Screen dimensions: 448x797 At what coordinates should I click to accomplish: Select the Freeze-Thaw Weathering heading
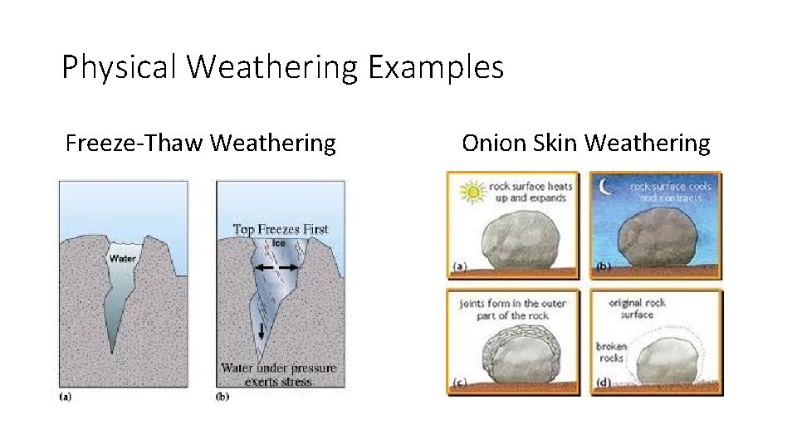(x=201, y=144)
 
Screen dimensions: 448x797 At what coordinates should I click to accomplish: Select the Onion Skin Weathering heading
(x=586, y=144)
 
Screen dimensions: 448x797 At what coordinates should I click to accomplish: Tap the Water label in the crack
(x=122, y=258)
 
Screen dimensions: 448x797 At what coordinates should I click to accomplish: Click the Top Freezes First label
(x=281, y=229)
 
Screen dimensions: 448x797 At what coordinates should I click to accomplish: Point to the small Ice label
(x=280, y=243)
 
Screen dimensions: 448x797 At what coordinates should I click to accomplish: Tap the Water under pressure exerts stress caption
(x=279, y=374)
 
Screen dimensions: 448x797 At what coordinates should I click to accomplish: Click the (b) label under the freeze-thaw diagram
(x=222, y=396)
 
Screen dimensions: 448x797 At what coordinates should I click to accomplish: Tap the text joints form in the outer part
(x=512, y=309)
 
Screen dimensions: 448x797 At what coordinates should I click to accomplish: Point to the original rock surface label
(x=638, y=309)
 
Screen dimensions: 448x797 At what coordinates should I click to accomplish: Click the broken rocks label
(x=611, y=353)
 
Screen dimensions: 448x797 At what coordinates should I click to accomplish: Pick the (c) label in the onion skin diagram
(x=459, y=383)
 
